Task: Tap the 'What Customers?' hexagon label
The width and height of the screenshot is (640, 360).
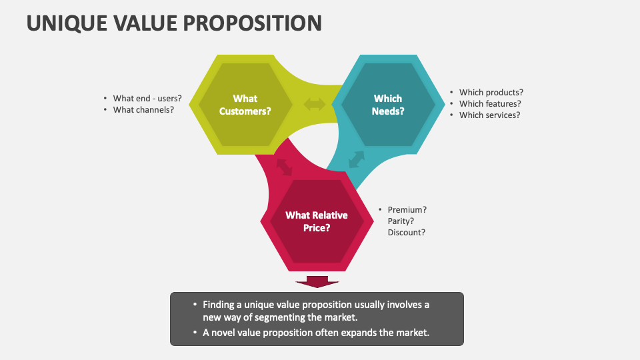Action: pyautogui.click(x=245, y=105)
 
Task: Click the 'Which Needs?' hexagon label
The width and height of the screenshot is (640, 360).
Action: pyautogui.click(x=388, y=105)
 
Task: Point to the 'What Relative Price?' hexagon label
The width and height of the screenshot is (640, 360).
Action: pyautogui.click(x=317, y=221)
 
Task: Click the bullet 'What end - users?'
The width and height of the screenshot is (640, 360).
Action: pyautogui.click(x=147, y=98)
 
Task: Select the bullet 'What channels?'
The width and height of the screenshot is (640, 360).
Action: pyautogui.click(x=143, y=109)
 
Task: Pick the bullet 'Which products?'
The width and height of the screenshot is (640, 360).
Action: pyautogui.click(x=491, y=93)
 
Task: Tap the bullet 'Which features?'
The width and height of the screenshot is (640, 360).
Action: pyautogui.click(x=490, y=103)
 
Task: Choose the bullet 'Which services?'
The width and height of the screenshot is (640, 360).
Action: pyautogui.click(x=489, y=115)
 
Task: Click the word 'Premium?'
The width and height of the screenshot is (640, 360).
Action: pyautogui.click(x=407, y=209)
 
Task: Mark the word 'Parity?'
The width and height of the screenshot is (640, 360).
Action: pyautogui.click(x=401, y=221)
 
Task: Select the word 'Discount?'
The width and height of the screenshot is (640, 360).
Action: pyautogui.click(x=406, y=232)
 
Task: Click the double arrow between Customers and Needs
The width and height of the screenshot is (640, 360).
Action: pyautogui.click(x=315, y=104)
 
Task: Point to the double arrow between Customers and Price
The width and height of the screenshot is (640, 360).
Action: pyautogui.click(x=285, y=166)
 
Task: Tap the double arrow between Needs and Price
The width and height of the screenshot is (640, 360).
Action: pyautogui.click(x=357, y=159)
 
